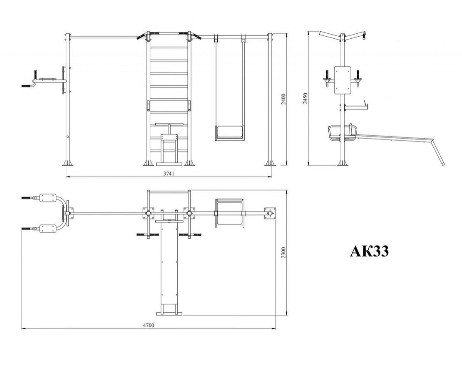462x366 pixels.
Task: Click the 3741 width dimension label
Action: (x=169, y=174)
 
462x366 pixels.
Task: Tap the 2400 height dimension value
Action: (x=283, y=100)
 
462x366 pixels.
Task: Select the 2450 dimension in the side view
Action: (x=305, y=98)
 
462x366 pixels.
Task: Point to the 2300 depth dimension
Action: (x=283, y=253)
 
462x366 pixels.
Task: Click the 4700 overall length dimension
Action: (x=148, y=325)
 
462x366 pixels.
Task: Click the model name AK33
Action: (x=370, y=251)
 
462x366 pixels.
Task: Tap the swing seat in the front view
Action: (x=229, y=133)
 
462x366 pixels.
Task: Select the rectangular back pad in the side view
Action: (x=343, y=80)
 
